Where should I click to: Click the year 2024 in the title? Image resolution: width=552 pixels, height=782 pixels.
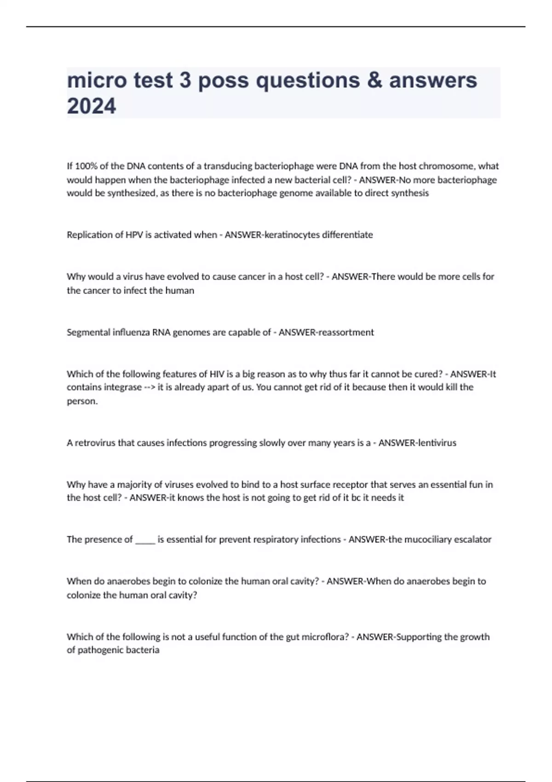tap(92, 106)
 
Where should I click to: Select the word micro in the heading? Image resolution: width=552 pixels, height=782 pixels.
tap(96, 80)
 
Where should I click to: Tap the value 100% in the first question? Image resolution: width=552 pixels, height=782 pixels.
tap(82, 166)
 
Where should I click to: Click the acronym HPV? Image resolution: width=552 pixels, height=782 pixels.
tap(134, 235)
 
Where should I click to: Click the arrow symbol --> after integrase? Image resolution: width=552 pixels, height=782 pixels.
tap(149, 387)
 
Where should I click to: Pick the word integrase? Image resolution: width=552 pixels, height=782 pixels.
tap(124, 387)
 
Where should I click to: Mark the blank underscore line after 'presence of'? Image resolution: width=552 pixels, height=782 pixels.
tap(145, 540)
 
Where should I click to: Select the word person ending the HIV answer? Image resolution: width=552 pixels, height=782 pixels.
tap(82, 401)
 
